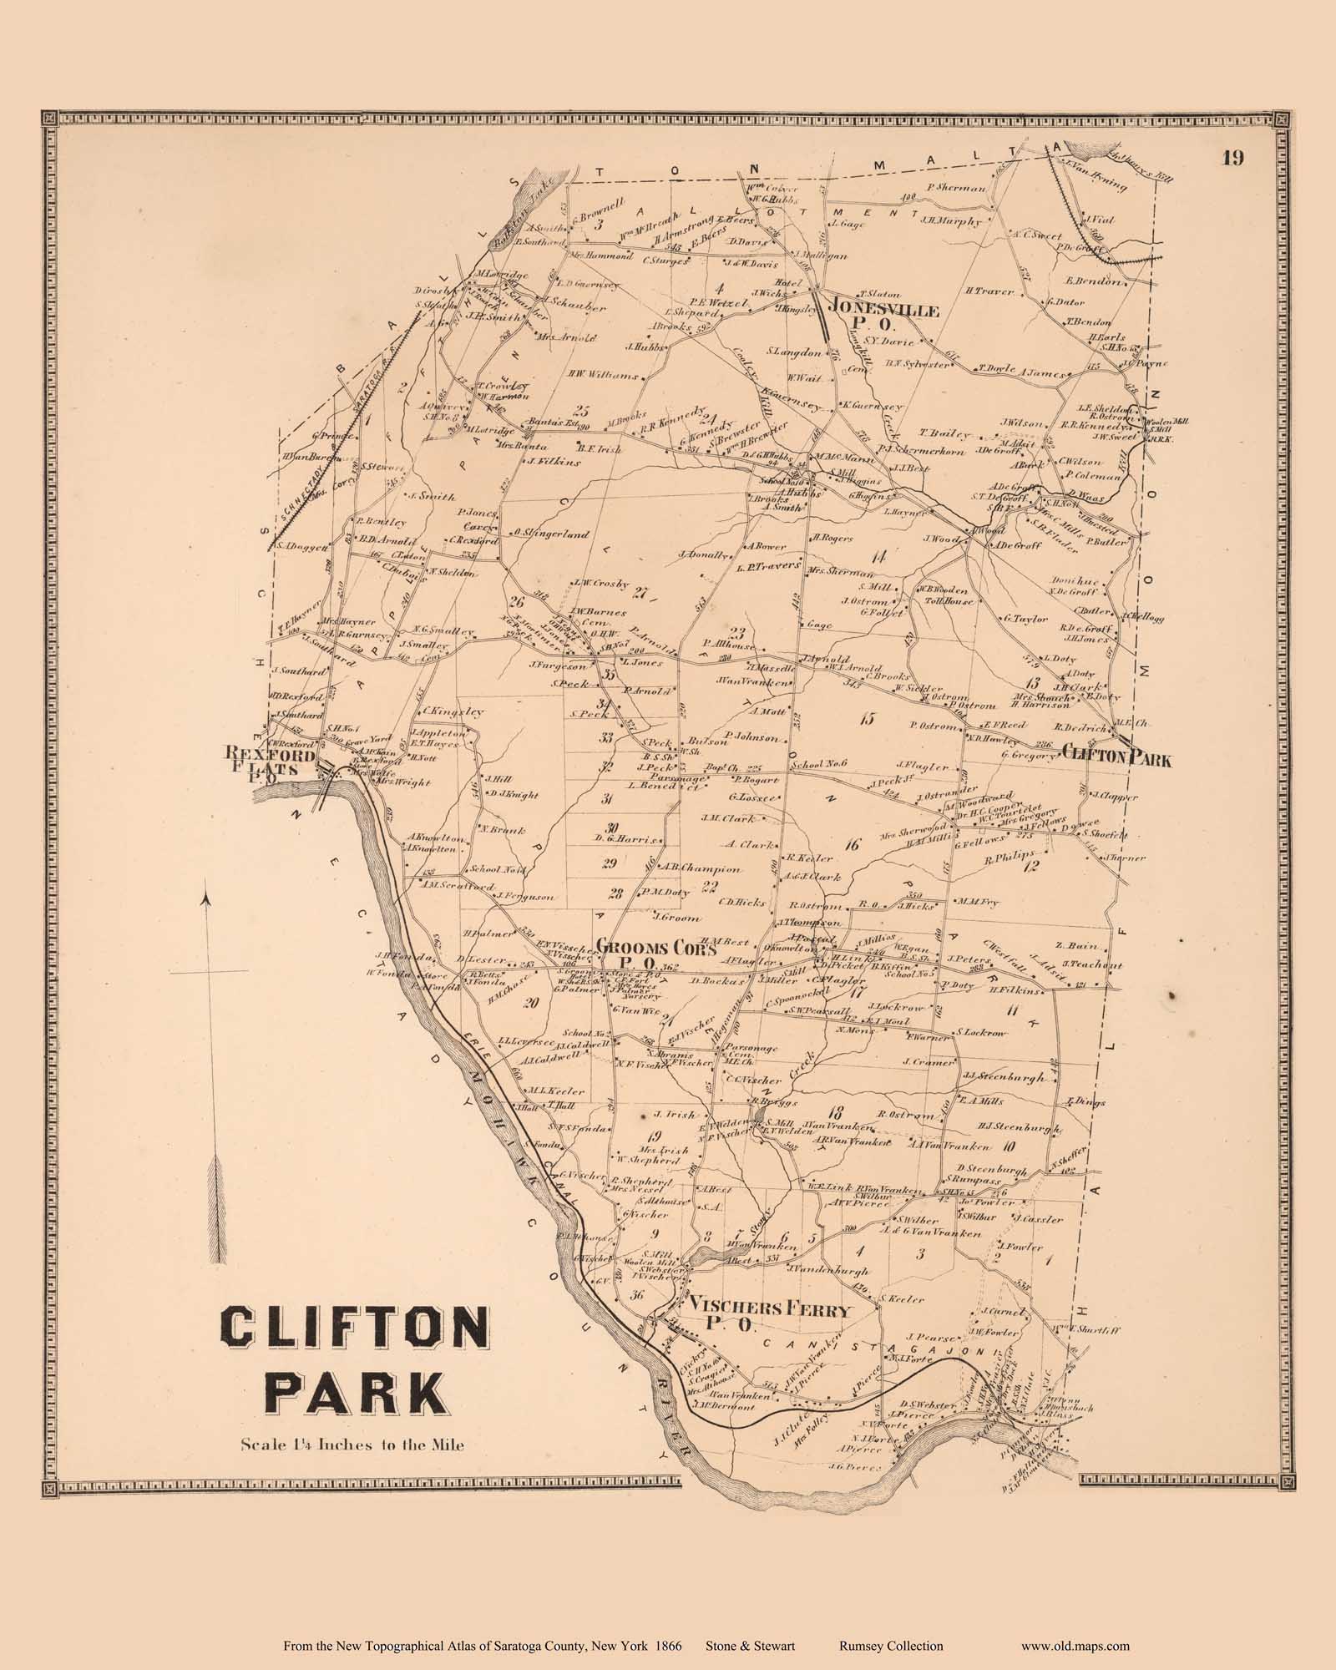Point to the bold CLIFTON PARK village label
click(1116, 759)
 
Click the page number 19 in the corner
click(1233, 159)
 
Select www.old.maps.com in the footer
click(1075, 1646)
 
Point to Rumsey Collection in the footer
click(890, 1646)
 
